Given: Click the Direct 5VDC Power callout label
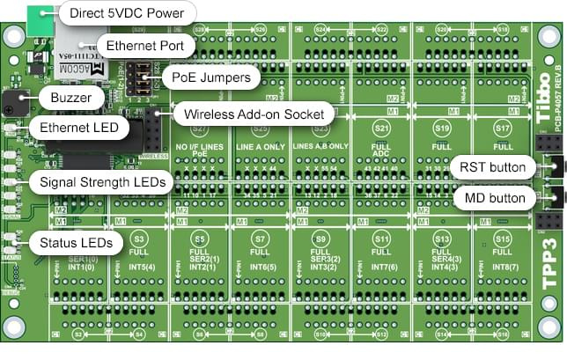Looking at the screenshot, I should click(x=127, y=14).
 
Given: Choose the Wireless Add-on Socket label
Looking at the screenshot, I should click(x=250, y=114).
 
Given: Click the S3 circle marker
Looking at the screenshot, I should click(x=138, y=239).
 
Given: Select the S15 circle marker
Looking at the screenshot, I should click(x=502, y=239).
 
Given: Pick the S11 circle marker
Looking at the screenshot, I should click(x=381, y=239).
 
